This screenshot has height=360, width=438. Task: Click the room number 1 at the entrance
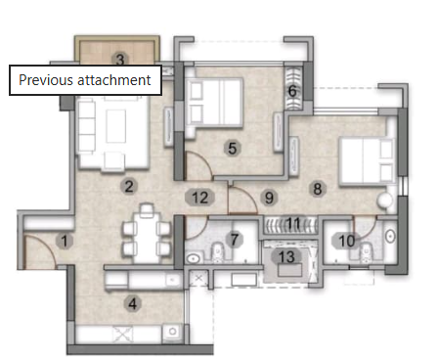[x=65, y=240]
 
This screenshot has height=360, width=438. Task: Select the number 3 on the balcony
[x=119, y=60]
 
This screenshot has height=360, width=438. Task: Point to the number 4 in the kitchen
[x=132, y=302]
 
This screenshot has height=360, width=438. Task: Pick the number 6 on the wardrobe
[x=291, y=92]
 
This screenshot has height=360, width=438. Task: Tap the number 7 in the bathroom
[x=234, y=239]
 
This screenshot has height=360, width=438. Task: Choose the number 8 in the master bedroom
[x=317, y=188]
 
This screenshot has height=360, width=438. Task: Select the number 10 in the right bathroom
[x=345, y=240]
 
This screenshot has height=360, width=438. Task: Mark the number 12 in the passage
[x=200, y=198]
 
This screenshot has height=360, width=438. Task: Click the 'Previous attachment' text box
[x=85, y=80]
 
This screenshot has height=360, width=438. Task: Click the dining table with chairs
[x=147, y=232]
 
